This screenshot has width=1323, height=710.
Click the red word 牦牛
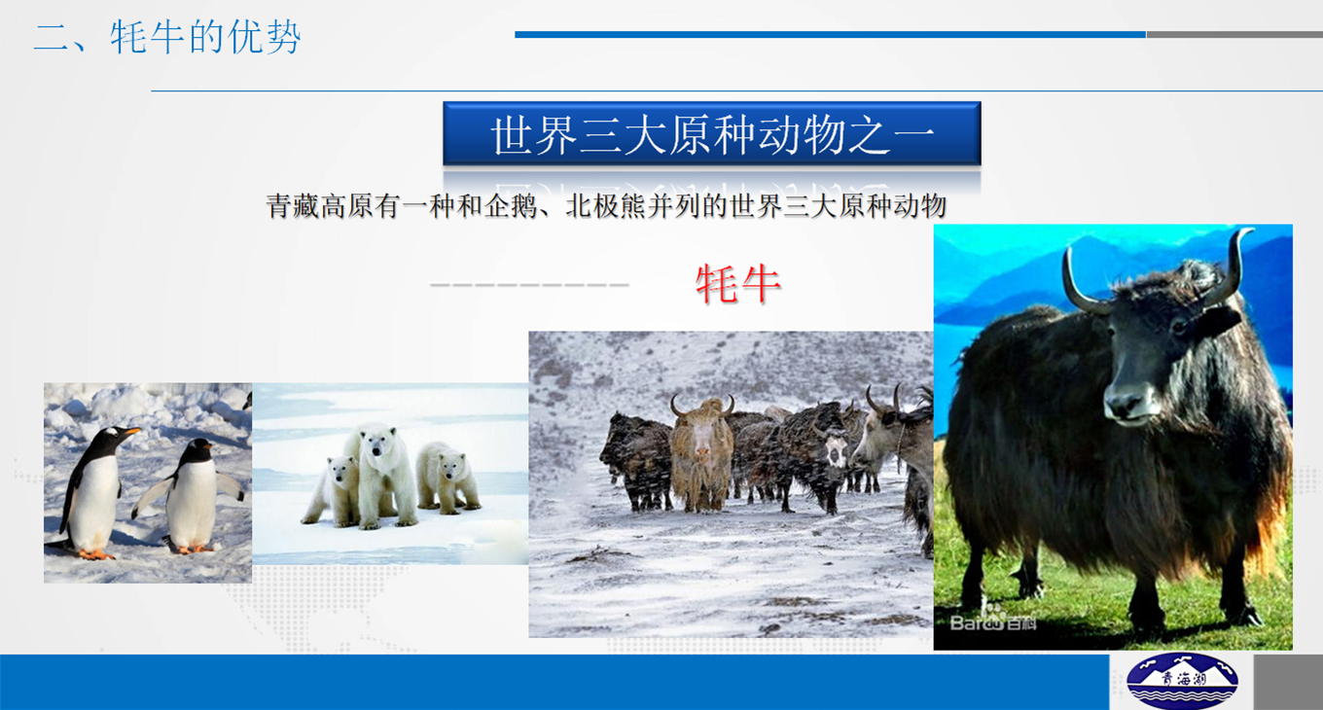click(738, 284)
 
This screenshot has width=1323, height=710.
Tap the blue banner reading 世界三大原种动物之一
click(712, 133)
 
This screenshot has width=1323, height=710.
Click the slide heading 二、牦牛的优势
click(167, 37)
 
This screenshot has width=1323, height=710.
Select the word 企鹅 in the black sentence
click(511, 206)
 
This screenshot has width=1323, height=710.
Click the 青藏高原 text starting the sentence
click(320, 206)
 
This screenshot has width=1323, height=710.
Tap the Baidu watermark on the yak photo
click(993, 622)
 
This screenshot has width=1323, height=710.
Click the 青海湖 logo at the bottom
click(1182, 681)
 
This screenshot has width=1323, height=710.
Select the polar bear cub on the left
click(332, 491)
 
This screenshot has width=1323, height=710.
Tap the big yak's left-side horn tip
click(1067, 250)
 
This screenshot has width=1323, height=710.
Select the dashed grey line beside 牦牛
click(529, 285)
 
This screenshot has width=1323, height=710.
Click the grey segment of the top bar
click(1234, 34)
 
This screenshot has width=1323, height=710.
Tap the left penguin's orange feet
click(95, 554)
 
